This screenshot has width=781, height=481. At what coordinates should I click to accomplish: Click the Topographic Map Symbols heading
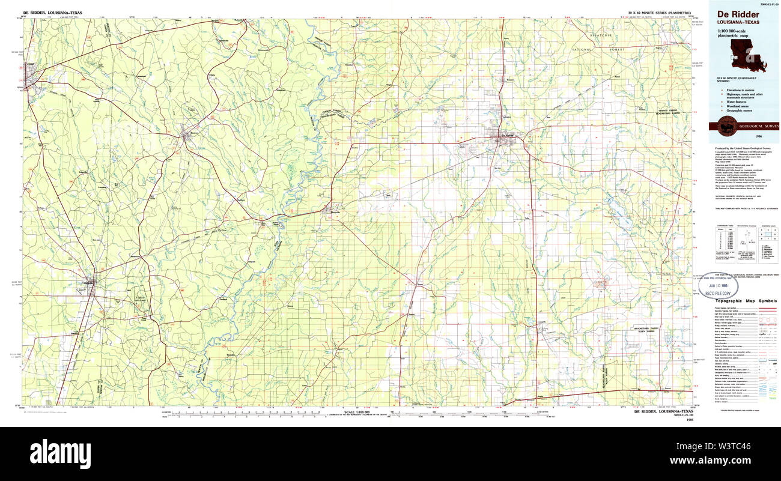747,300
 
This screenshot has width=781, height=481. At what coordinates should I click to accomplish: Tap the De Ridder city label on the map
507,136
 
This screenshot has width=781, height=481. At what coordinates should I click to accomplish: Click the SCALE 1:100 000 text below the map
359,411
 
